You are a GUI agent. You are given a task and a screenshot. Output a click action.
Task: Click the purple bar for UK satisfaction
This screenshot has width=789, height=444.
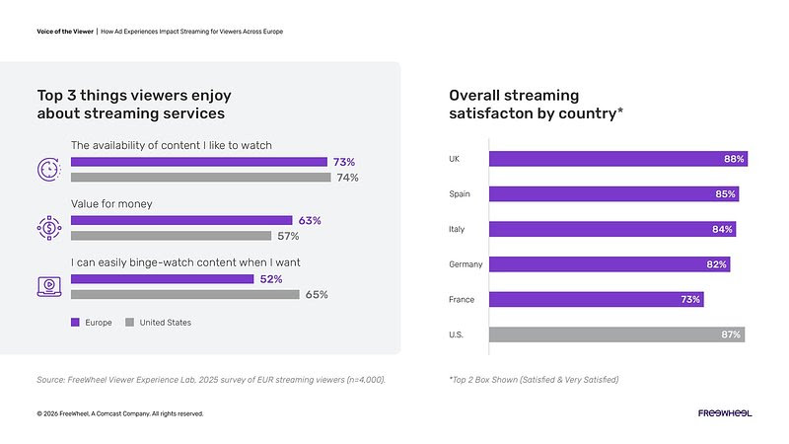(617, 159)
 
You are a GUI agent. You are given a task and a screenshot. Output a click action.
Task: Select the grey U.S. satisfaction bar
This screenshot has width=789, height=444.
(616, 334)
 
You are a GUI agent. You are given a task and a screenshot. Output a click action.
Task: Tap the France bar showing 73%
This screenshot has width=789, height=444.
(596, 299)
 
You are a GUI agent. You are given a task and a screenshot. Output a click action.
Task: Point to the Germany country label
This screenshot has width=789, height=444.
(466, 264)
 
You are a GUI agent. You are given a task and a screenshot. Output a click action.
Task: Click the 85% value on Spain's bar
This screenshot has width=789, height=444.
(726, 194)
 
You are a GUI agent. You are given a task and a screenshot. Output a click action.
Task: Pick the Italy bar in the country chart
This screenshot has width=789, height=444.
(611, 229)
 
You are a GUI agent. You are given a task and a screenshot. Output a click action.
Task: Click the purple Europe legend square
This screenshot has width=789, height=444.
(75, 323)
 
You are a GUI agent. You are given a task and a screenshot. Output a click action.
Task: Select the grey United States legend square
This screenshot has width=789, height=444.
(129, 323)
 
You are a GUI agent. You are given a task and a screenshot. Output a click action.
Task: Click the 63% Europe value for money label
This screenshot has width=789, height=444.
(310, 220)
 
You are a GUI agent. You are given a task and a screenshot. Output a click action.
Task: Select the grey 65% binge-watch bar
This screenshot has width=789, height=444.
(184, 294)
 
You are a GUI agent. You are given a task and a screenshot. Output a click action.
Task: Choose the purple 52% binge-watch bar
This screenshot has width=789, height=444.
(162, 279)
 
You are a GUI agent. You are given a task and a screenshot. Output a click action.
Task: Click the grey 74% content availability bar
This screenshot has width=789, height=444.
(200, 178)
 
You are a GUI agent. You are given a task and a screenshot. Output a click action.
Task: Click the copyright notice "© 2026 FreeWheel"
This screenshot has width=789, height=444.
(119, 413)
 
